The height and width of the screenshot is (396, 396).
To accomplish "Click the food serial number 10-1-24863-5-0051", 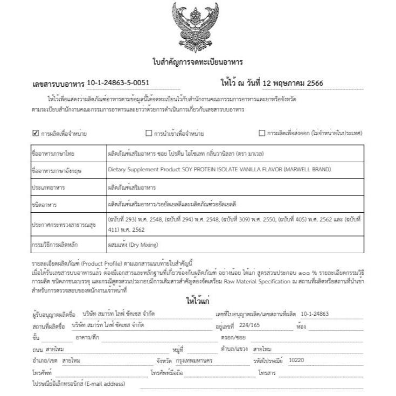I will pos(118,83).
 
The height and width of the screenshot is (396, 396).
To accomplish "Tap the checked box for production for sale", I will pos(36,133).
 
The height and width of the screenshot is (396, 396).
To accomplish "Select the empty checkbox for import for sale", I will pos(149,133).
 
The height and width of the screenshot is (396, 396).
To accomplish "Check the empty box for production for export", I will pos(262,133).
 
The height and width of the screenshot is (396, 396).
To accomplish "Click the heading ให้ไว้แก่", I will pos(198,300).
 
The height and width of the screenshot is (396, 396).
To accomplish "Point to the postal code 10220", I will pos(297,359).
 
